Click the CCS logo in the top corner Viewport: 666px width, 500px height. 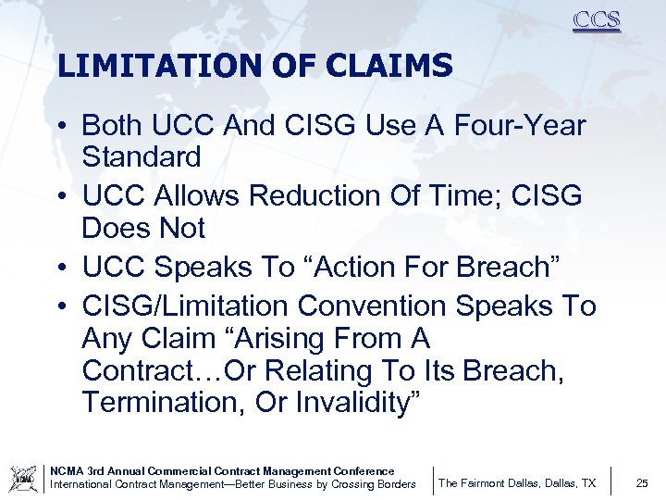click(x=596, y=20)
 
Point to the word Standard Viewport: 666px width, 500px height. click(x=141, y=156)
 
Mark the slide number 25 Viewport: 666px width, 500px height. click(x=642, y=483)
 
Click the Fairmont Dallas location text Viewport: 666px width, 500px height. click(x=516, y=483)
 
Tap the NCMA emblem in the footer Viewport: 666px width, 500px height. click(x=23, y=479)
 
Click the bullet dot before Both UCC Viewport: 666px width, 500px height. click(x=65, y=126)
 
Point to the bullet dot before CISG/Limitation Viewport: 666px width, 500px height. click(x=65, y=306)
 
